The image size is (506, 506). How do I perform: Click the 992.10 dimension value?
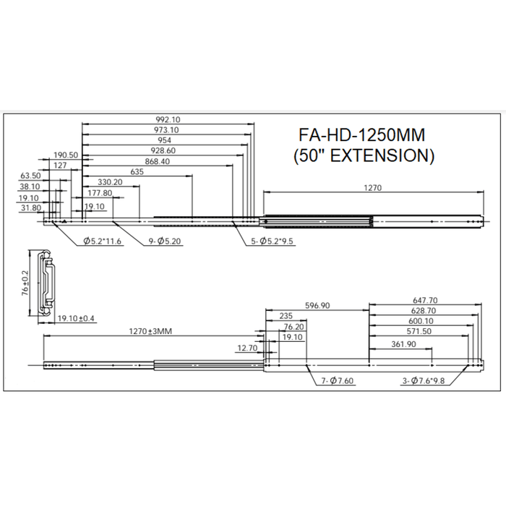click(168, 119)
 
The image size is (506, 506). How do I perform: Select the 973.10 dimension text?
click(167, 129)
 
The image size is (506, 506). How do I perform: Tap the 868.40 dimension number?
click(157, 161)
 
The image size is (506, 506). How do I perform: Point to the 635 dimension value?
click(137, 172)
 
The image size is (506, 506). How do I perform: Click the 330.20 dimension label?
click(110, 182)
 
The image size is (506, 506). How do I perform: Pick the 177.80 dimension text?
click(100, 193)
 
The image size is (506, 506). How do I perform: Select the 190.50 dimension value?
click(66, 155)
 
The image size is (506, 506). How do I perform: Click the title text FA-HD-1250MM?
click(361, 135)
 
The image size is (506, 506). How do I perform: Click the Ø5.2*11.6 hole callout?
click(102, 241)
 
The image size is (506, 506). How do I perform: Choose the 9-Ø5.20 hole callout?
click(165, 241)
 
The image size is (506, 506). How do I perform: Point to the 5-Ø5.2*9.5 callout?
click(272, 241)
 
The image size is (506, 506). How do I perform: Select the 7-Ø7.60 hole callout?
click(338, 381)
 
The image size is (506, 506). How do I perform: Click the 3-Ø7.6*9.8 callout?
click(424, 381)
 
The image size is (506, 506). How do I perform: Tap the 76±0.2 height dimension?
click(25, 283)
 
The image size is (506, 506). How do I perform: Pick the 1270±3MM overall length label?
click(150, 331)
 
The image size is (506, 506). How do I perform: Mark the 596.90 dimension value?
click(317, 305)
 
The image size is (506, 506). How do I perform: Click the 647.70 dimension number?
click(425, 300)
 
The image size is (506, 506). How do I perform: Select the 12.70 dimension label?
click(247, 348)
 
